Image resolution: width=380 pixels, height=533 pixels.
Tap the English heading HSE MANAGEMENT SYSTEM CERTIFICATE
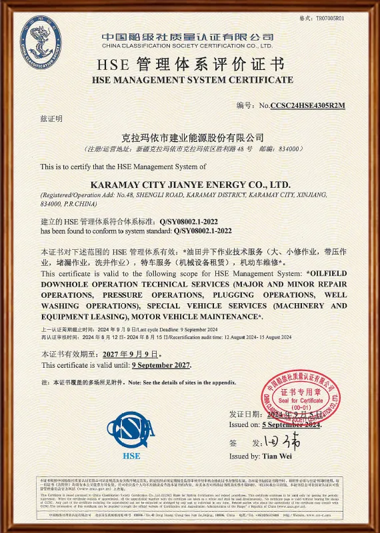pyautogui.click(x=190, y=80)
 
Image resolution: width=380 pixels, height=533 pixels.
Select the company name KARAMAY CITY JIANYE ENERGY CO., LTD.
pyautogui.click(x=189, y=183)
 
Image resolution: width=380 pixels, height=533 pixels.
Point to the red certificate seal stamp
pyautogui.click(x=300, y=400)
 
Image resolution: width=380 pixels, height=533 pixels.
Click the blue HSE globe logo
pyautogui.click(x=131, y=430)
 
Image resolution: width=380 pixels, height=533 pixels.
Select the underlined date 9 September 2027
pyautogui.click(x=161, y=365)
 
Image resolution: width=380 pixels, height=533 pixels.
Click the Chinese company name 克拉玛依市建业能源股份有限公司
pyautogui.click(x=189, y=137)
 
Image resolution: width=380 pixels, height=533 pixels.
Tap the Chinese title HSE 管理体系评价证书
pyautogui.click(x=190, y=65)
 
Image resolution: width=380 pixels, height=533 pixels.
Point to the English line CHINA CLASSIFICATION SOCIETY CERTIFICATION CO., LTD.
pyautogui.click(x=187, y=46)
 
